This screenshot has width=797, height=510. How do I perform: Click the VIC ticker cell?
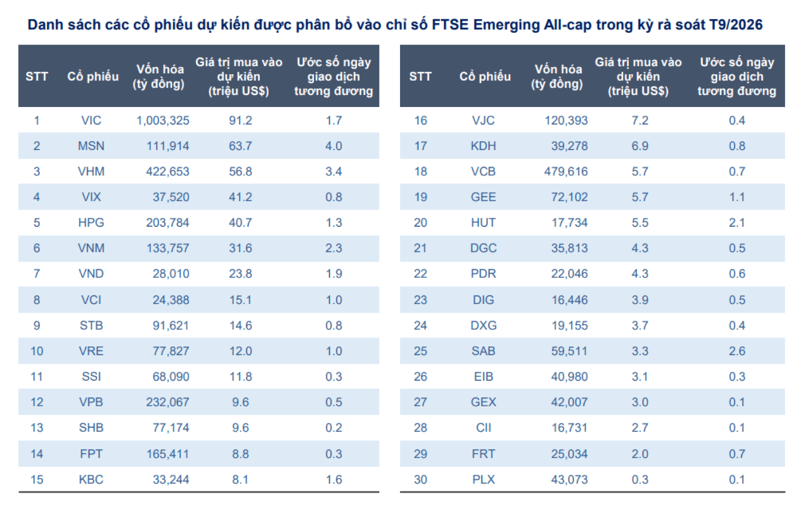click(x=91, y=121)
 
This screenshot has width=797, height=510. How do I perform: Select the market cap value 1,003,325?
click(x=163, y=121)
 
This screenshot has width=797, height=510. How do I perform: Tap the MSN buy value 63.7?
click(x=241, y=146)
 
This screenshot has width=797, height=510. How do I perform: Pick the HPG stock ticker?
click(x=91, y=223)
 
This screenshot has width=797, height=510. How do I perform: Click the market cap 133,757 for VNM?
click(x=167, y=248)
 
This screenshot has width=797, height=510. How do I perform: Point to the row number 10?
click(x=37, y=351)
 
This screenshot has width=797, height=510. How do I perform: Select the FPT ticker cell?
click(x=92, y=453)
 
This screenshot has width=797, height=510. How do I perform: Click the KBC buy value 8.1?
click(x=241, y=480)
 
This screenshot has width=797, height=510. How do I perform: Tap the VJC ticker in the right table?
click(x=483, y=121)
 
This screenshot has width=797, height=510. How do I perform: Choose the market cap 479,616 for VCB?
click(x=566, y=172)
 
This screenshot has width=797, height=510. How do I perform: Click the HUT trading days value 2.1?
click(x=736, y=223)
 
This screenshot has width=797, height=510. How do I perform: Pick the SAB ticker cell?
click(x=483, y=351)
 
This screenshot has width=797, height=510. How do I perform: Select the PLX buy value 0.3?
click(x=640, y=480)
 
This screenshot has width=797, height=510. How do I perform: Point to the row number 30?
click(x=420, y=480)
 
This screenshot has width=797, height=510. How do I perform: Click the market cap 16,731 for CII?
click(x=570, y=428)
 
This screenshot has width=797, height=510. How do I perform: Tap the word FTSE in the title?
click(x=450, y=25)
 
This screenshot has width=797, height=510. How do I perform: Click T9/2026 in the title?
click(x=736, y=25)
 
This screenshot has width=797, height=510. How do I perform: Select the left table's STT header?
click(x=37, y=77)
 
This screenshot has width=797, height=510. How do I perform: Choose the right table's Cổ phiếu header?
click(x=485, y=77)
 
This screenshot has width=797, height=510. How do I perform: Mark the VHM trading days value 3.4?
click(x=333, y=172)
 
